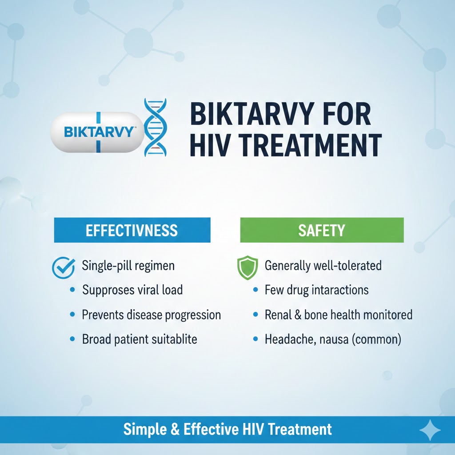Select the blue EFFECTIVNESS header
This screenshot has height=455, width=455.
click(x=132, y=230)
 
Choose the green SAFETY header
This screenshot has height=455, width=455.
click(x=321, y=230)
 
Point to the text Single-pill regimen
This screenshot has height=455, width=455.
click(x=128, y=266)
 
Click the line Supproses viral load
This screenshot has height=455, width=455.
click(x=132, y=290)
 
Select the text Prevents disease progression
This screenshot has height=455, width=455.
click(x=151, y=315)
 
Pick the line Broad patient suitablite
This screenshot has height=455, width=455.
click(x=139, y=339)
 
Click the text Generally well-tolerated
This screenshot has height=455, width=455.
click(x=323, y=266)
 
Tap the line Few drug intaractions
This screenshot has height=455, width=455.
click(x=316, y=290)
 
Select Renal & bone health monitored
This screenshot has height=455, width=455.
click(x=338, y=315)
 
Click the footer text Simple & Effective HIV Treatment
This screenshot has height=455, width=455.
click(x=227, y=429)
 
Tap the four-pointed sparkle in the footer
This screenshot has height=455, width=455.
click(x=430, y=430)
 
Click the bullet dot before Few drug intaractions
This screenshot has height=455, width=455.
click(x=255, y=291)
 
